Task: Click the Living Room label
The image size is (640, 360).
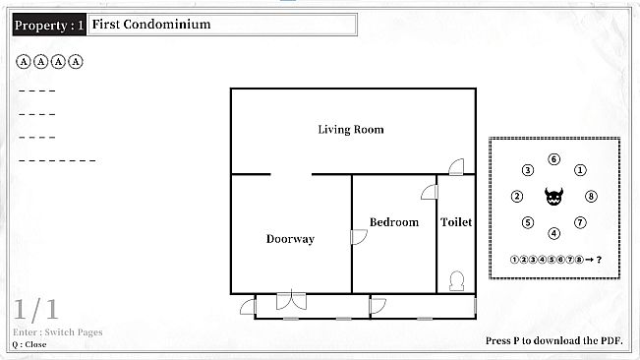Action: [350, 130]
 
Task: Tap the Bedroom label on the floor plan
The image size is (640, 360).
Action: [393, 222]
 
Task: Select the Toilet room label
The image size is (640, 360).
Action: [455, 222]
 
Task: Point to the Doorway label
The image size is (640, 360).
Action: [290, 239]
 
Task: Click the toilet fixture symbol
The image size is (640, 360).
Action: [456, 280]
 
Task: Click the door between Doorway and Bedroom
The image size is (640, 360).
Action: [358, 237]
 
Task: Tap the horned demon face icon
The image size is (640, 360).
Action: [554, 197]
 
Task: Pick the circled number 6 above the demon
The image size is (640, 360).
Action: [554, 159]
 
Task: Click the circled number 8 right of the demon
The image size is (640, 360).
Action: [591, 197]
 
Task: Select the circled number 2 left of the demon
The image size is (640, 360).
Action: [517, 197]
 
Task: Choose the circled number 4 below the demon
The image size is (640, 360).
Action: [554, 233]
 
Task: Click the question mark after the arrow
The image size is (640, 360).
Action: [598, 260]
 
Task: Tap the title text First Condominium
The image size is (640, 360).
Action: [151, 25]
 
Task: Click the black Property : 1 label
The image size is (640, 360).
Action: [49, 25]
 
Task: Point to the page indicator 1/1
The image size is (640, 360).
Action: [36, 310]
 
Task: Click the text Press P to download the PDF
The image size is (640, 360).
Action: [554, 341]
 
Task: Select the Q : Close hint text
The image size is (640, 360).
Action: [29, 344]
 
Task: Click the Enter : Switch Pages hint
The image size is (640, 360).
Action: [57, 332]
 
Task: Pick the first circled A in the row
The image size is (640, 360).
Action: [24, 62]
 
